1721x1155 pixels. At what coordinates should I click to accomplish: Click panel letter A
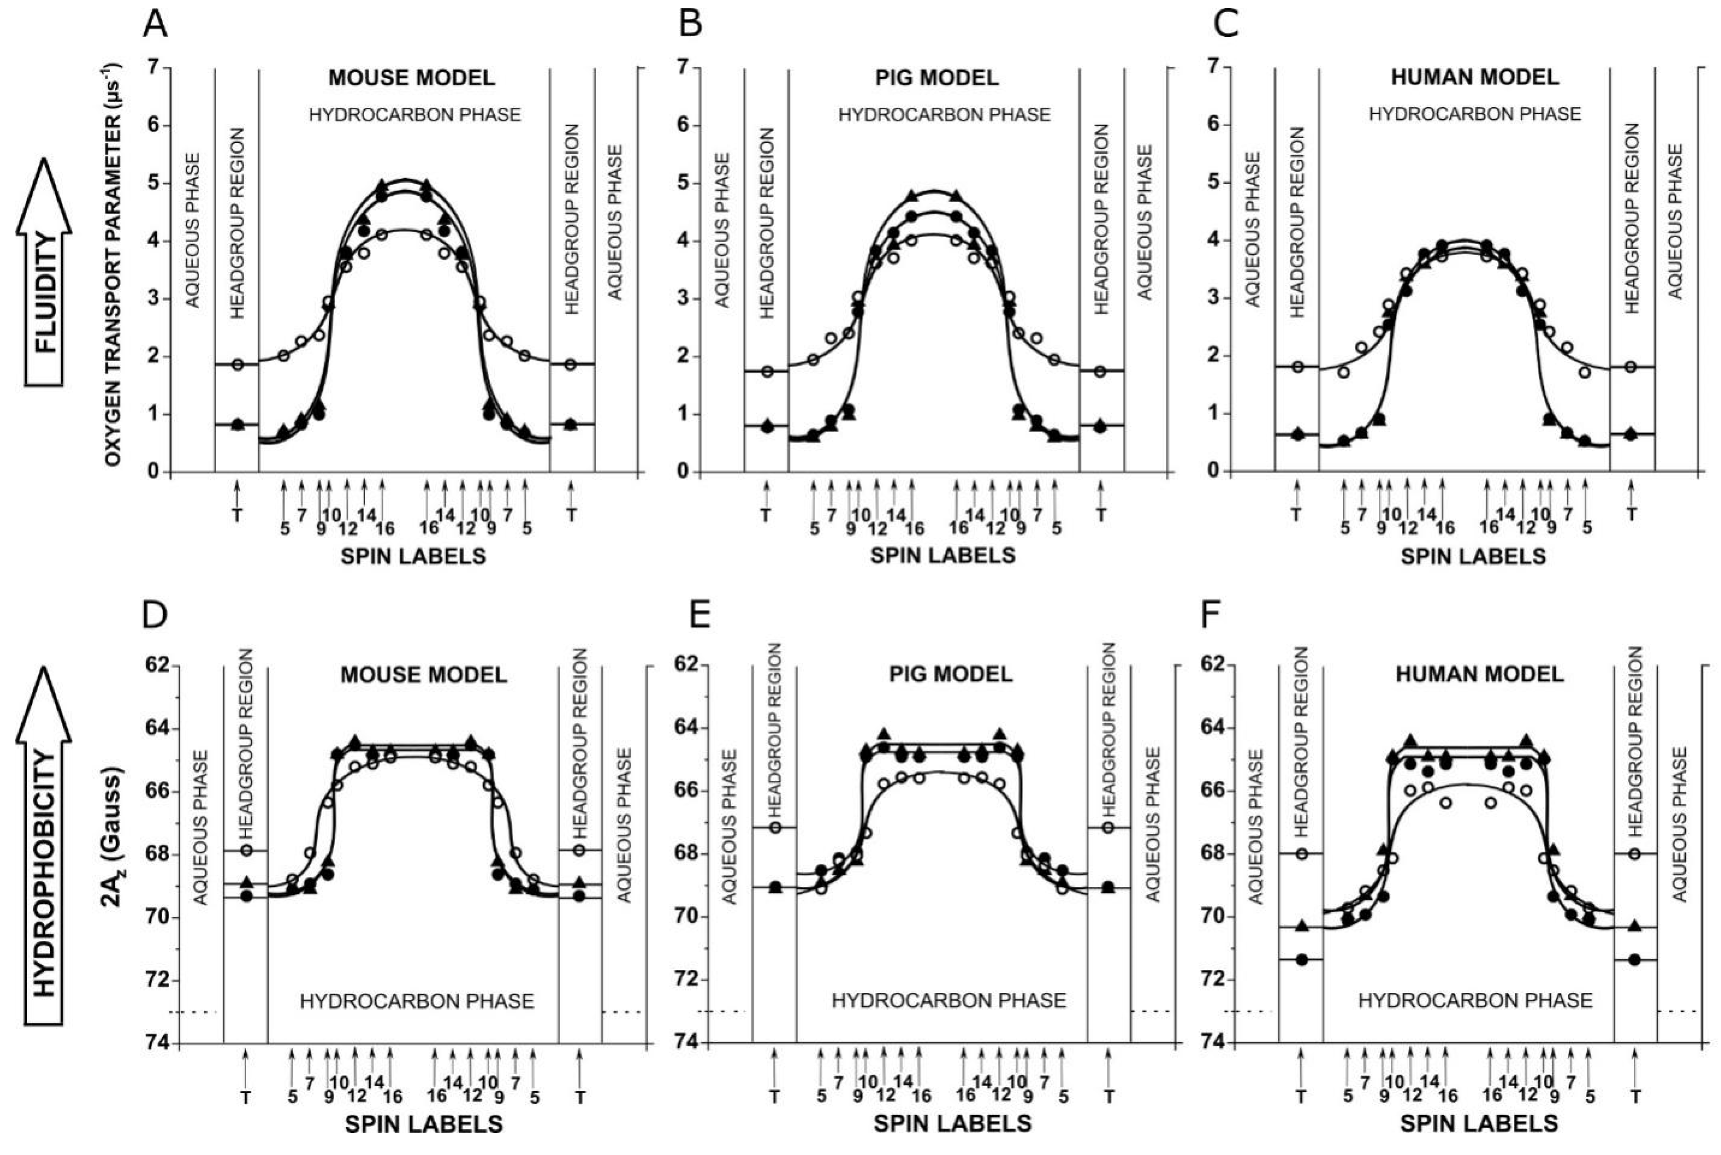click(x=156, y=24)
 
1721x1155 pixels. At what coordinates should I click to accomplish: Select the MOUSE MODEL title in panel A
click(x=411, y=77)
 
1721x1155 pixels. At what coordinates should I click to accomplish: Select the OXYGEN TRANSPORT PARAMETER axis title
click(x=112, y=265)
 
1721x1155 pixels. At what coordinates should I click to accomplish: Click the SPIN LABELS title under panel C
click(x=1473, y=556)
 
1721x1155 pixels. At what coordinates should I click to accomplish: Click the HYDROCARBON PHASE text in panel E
click(x=949, y=1000)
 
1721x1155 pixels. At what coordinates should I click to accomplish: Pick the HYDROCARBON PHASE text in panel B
click(x=944, y=115)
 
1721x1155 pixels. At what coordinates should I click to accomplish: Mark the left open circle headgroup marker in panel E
click(x=775, y=827)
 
